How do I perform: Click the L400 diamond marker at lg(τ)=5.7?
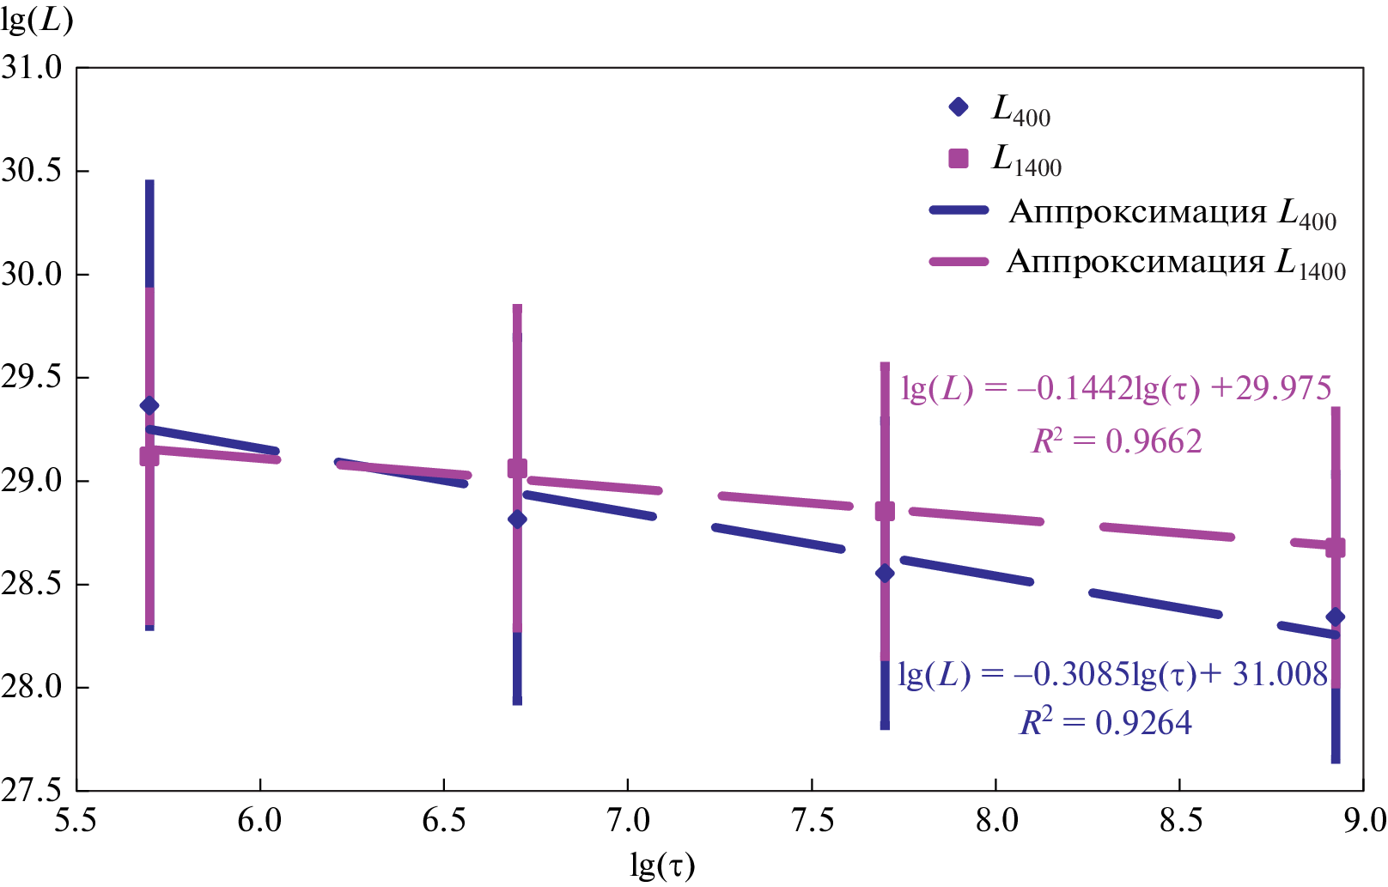(x=149, y=405)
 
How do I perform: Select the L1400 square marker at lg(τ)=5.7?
(x=149, y=456)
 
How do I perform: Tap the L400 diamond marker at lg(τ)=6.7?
(x=517, y=519)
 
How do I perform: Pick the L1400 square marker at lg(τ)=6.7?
(x=517, y=468)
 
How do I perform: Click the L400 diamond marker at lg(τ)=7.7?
(x=885, y=573)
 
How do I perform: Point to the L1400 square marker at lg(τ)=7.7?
(x=885, y=511)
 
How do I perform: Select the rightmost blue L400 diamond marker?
(x=1335, y=617)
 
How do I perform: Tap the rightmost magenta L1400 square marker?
(x=1335, y=548)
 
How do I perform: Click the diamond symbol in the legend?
(x=959, y=107)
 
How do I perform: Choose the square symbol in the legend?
(x=959, y=158)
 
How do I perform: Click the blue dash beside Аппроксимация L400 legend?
(x=959, y=210)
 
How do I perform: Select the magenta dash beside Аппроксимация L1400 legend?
(x=959, y=261)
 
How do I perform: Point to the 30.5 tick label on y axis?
(x=33, y=171)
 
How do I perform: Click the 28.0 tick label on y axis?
(x=33, y=688)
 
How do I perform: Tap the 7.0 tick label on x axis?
(x=628, y=821)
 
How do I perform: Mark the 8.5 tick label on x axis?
(x=1179, y=821)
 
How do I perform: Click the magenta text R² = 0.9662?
(x=1116, y=441)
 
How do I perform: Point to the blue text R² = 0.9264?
(x=1105, y=723)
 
